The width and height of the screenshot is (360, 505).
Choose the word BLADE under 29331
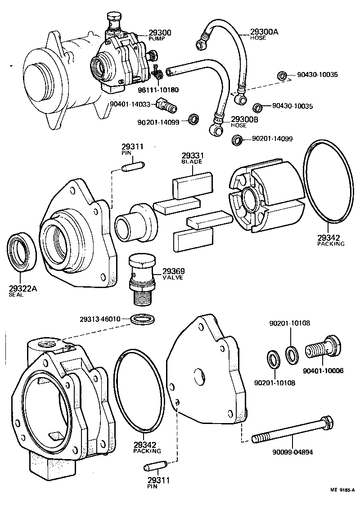coord(192,161)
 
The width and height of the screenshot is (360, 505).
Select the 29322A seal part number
coord(22,289)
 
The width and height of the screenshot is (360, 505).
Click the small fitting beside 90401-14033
coord(166,106)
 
